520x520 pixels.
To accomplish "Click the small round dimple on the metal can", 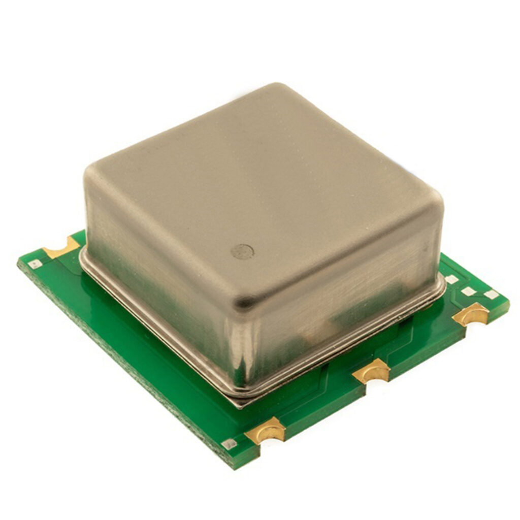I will [242, 251].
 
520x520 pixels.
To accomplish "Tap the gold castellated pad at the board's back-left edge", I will [61, 248].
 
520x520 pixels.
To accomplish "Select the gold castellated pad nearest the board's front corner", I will [266, 431].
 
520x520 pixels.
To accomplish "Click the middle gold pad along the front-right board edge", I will [372, 371].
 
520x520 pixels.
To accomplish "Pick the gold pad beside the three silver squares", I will [471, 314].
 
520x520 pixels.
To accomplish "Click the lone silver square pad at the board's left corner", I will [35, 264].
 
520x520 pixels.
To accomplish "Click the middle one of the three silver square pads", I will [468, 291].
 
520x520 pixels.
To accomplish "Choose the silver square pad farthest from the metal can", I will [490, 295].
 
